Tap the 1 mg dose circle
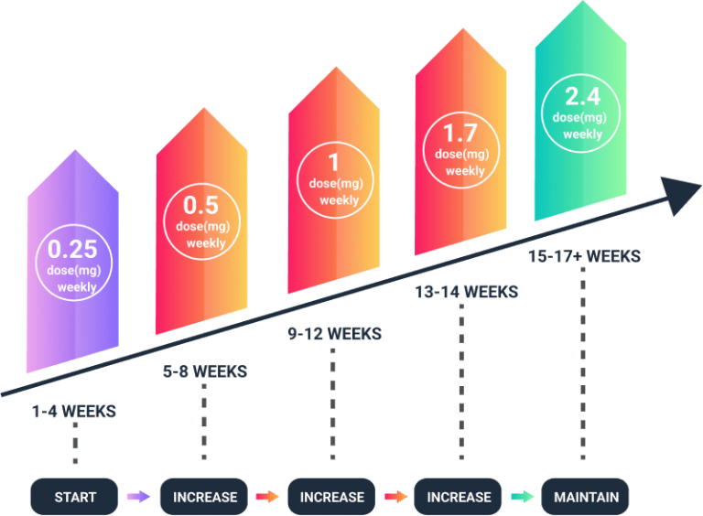tap(333, 178)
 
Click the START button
tap(75, 498)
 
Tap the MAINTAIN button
tap(586, 498)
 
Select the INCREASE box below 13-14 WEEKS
tap(459, 498)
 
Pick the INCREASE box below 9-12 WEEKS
tap(331, 498)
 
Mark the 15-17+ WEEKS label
tap(584, 256)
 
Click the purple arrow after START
tap(139, 497)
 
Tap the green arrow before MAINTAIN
tap(523, 497)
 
